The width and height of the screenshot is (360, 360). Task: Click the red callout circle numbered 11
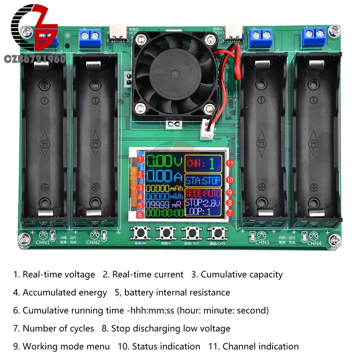(230, 163)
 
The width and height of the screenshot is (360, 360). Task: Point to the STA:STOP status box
(203, 180)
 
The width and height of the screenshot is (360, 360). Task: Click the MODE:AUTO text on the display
(203, 193)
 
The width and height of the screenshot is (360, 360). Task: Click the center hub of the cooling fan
(175, 75)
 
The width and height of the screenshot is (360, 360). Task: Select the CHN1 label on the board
(42, 242)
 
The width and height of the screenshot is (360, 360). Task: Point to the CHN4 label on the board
(314, 243)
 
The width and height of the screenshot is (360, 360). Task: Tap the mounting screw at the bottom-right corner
(336, 239)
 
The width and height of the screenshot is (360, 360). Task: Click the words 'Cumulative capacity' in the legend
(242, 275)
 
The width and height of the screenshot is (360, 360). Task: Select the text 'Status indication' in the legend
(166, 347)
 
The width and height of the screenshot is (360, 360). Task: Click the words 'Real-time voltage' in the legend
(59, 275)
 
